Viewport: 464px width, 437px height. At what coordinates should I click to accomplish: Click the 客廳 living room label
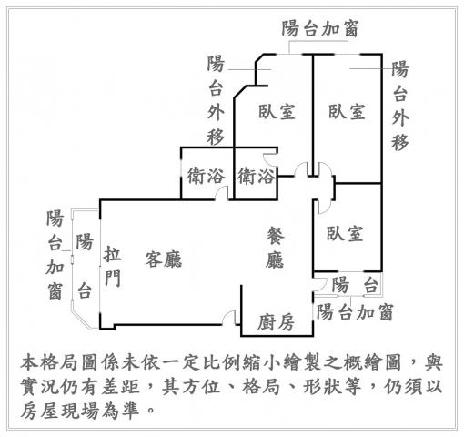point(164,259)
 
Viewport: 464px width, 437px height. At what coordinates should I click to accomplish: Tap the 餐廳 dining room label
point(275,249)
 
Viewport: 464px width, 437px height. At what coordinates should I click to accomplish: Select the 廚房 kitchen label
point(276,322)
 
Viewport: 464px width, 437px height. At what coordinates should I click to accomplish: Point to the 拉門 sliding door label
point(113,266)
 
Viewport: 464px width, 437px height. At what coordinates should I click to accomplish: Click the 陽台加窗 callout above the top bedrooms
point(319,29)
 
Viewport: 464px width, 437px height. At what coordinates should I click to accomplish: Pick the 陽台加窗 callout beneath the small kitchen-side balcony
point(355,312)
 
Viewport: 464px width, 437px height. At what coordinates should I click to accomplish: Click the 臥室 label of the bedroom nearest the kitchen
point(345,234)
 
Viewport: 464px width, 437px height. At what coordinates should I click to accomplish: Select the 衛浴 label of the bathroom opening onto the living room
point(207,176)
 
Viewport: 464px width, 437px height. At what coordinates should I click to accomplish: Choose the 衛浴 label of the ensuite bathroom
point(257,176)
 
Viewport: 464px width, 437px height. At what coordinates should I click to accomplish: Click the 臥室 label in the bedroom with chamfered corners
point(277,111)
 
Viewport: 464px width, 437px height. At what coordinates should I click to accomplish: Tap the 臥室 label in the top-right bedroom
point(347,111)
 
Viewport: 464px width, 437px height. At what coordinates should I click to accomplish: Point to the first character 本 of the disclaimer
point(30,361)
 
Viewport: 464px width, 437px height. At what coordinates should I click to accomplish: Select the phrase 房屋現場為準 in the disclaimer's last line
point(80,411)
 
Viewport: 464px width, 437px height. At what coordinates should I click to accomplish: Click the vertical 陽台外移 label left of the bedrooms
point(216,100)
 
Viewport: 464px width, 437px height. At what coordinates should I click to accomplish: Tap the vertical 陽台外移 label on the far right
point(399,106)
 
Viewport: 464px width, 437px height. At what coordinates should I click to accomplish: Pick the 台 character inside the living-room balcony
point(85,290)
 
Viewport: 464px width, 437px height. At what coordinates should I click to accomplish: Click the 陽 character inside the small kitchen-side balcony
point(340,285)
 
